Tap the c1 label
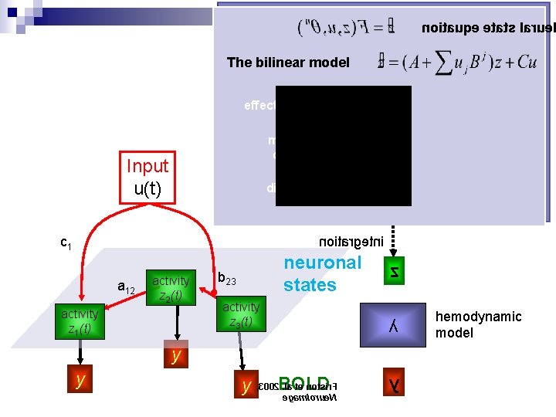(66, 244)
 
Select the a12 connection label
(126, 288)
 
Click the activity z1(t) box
(80, 320)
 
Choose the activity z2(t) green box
(171, 287)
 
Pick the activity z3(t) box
(240, 314)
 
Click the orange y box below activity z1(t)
(80, 379)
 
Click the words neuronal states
(321, 273)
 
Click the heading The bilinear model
(288, 63)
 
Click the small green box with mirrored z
(394, 271)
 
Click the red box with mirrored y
(394, 381)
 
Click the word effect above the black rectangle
(259, 105)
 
